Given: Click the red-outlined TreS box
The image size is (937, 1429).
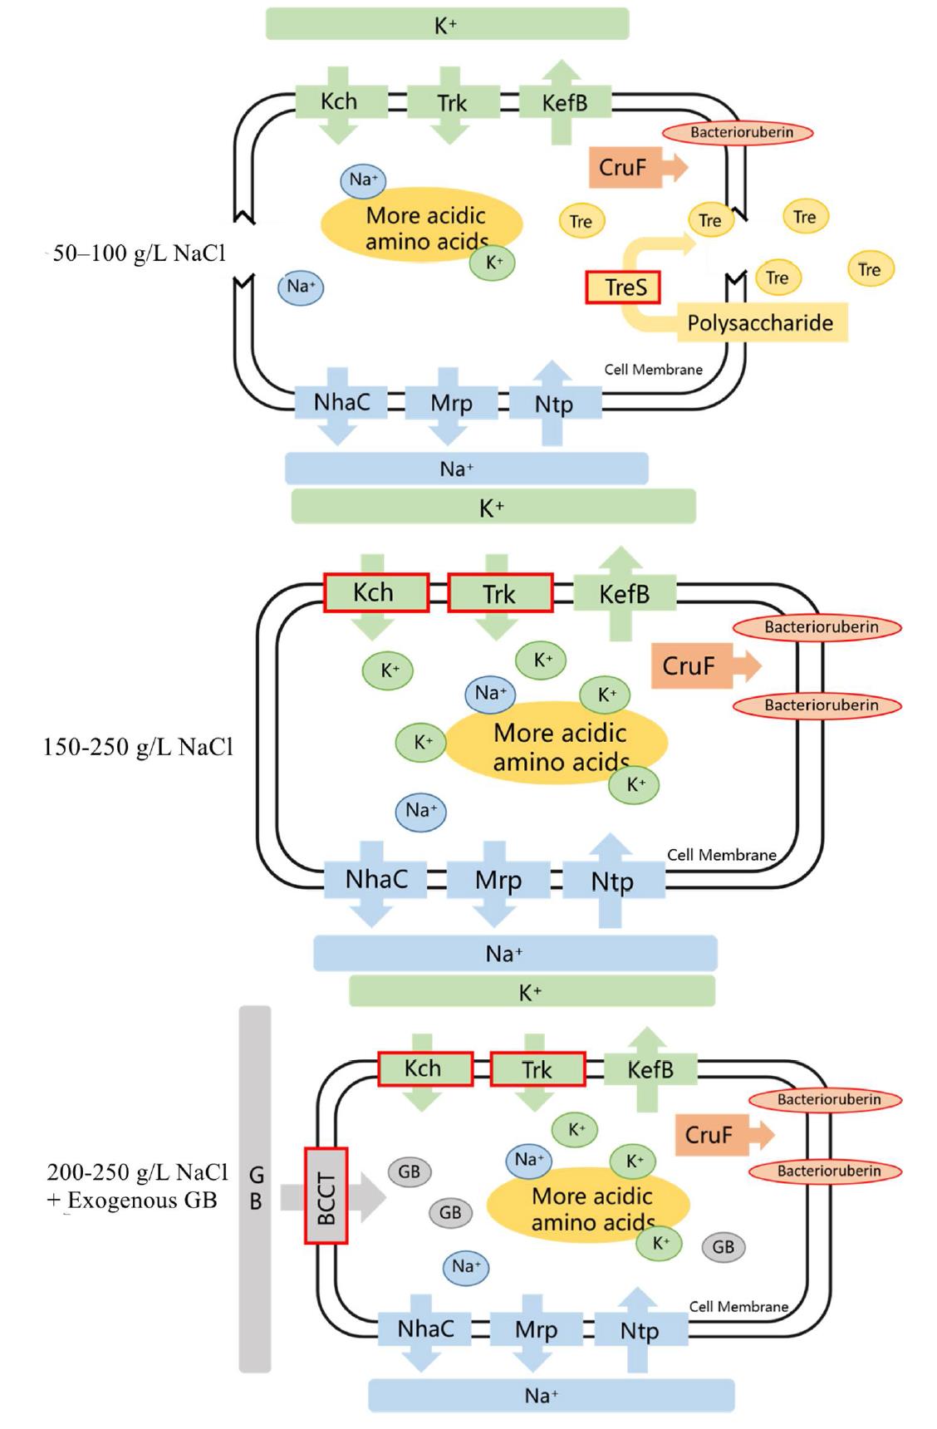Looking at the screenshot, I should [623, 287].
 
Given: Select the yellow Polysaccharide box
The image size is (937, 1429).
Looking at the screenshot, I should [760, 322].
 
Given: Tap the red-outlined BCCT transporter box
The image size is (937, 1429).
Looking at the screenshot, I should [326, 1196].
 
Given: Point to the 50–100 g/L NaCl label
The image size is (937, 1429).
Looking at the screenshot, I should [139, 253].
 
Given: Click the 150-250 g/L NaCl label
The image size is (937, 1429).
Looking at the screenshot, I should [138, 747].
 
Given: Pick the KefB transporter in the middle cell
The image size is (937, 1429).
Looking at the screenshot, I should [625, 594].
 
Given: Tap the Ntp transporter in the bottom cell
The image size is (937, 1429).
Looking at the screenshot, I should [639, 1330].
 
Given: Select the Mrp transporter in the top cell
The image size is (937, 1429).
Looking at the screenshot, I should [451, 404].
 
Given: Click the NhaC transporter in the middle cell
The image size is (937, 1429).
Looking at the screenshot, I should [375, 879].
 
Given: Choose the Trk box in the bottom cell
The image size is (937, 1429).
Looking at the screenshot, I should [537, 1069].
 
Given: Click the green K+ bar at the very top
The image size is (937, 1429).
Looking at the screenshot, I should [447, 24].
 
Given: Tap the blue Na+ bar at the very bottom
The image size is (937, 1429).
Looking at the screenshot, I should [552, 1395].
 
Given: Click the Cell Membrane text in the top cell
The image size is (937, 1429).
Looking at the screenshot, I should [653, 370].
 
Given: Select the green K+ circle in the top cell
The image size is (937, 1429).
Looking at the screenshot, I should [493, 263].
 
